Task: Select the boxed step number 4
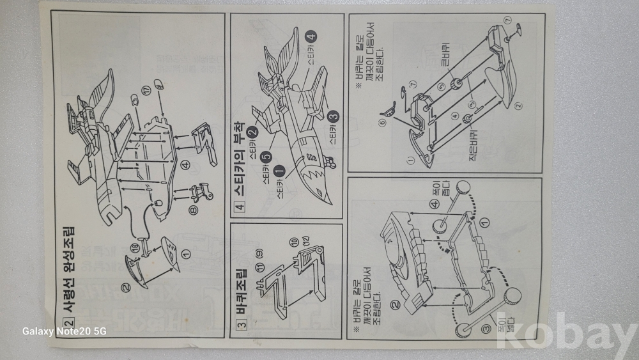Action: tap(240, 207)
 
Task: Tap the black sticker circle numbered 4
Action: tap(312, 36)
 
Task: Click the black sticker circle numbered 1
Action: tap(279, 171)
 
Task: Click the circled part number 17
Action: tap(148, 90)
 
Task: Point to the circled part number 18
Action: tap(135, 247)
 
